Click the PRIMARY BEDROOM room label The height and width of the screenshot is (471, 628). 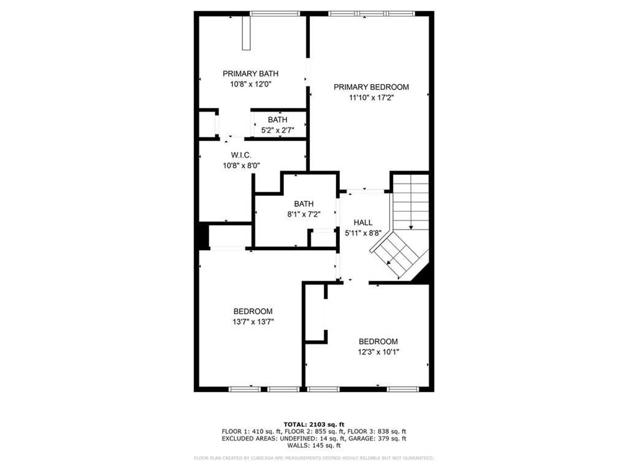(x=371, y=87)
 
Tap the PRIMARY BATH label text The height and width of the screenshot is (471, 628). (x=246, y=74)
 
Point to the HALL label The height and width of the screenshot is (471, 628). (x=363, y=223)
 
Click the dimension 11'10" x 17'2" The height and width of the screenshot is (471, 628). (x=371, y=98)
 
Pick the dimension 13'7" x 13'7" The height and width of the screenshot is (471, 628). (x=253, y=321)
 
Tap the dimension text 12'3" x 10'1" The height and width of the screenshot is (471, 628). (x=378, y=351)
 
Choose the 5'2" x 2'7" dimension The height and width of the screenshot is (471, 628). (x=277, y=130)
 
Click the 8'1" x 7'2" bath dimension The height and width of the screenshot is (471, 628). (x=304, y=214)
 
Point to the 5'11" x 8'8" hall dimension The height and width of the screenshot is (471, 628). (x=363, y=233)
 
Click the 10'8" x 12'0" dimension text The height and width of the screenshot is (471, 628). (x=246, y=84)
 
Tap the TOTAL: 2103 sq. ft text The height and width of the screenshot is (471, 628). (x=313, y=424)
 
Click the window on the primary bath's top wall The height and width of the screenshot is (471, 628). (x=270, y=13)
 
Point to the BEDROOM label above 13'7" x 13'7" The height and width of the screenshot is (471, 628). (x=253, y=312)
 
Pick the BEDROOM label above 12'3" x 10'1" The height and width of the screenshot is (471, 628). (x=378, y=342)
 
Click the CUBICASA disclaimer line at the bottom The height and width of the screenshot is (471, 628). (x=313, y=458)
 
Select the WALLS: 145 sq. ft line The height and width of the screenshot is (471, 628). (x=313, y=445)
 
